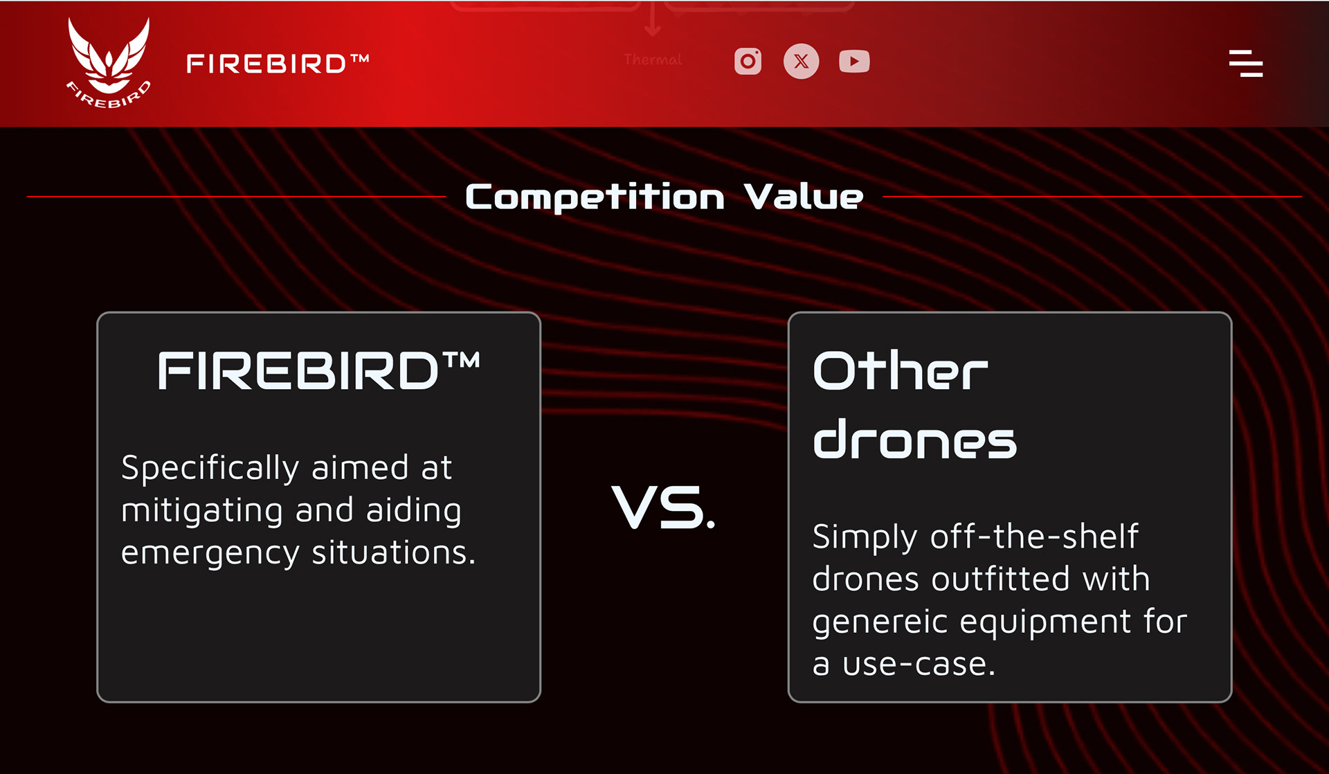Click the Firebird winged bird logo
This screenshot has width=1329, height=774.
[x=109, y=62]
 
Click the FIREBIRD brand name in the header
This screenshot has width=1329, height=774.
[x=278, y=64]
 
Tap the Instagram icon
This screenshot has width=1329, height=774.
[x=748, y=62]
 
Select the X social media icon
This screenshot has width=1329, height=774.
[x=801, y=62]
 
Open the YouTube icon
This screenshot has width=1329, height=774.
[x=854, y=62]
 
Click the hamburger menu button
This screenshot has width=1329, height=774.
[x=1246, y=63]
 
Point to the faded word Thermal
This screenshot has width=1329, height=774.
[x=652, y=60]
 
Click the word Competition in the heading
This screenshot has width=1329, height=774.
[x=595, y=197]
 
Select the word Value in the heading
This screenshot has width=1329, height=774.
[x=804, y=197]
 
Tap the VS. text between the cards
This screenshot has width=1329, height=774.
[x=663, y=507]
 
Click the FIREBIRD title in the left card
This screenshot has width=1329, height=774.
[x=319, y=370]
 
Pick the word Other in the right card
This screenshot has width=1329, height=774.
[x=900, y=370]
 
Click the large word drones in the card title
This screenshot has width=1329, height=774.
[x=914, y=438]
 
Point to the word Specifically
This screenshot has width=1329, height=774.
[x=210, y=469]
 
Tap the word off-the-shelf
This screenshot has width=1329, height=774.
[x=1034, y=536]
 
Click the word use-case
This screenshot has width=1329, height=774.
[x=919, y=665]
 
